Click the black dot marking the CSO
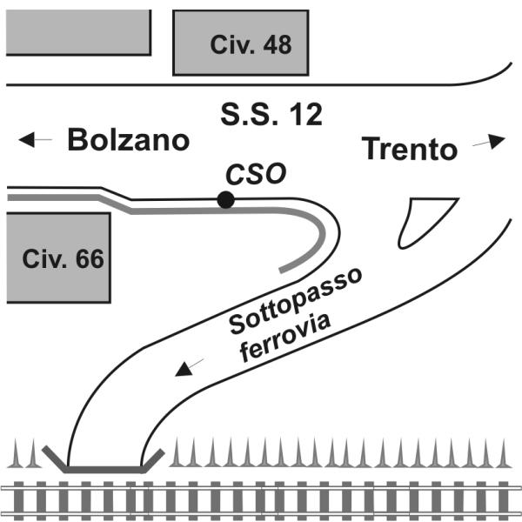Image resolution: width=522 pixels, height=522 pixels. [225, 200]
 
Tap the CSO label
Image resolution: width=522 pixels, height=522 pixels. [256, 174]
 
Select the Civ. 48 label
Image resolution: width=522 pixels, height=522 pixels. [251, 44]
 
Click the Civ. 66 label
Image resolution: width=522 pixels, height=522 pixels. [63, 258]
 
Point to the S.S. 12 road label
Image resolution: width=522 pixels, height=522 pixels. [271, 115]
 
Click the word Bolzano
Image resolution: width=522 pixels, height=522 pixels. [129, 140]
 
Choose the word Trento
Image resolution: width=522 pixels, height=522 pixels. [410, 149]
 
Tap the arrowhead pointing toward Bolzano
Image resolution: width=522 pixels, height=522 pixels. [27, 139]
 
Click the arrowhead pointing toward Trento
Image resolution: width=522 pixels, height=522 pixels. [497, 141]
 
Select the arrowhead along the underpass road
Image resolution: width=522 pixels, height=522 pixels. [184, 369]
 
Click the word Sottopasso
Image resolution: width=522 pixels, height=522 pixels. [295, 301]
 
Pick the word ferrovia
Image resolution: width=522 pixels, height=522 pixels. [285, 338]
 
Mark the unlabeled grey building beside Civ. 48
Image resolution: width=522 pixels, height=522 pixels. [78, 32]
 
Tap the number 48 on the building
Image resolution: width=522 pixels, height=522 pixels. [278, 44]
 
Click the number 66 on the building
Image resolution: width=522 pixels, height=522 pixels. [90, 258]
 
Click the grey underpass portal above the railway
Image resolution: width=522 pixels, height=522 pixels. [104, 470]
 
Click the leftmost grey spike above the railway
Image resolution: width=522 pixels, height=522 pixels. [16, 453]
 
